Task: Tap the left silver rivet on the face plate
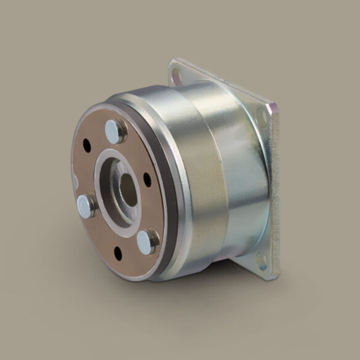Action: (86, 206)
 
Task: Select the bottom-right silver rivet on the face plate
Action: (148, 241)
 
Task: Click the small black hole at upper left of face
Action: (86, 146)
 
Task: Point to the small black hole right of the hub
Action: (147, 179)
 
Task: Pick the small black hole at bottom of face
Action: (118, 252)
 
